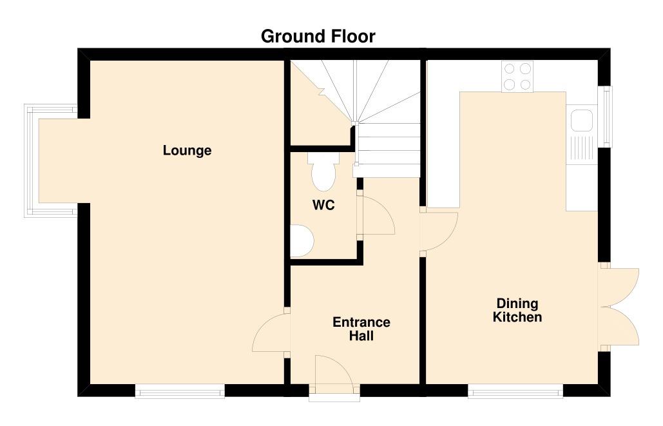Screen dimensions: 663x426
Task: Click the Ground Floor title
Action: click(318, 37)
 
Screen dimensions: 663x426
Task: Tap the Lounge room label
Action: click(187, 151)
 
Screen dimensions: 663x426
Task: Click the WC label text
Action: click(323, 205)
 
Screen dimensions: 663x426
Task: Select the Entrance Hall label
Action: click(361, 329)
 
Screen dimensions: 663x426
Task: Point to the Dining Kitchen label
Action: click(517, 310)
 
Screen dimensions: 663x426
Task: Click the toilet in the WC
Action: click(323, 171)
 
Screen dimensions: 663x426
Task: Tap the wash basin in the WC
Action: click(302, 240)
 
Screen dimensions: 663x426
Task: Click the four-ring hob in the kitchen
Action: click(517, 77)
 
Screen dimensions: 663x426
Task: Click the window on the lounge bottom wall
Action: click(180, 391)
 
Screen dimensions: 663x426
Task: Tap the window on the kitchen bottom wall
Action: click(515, 391)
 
